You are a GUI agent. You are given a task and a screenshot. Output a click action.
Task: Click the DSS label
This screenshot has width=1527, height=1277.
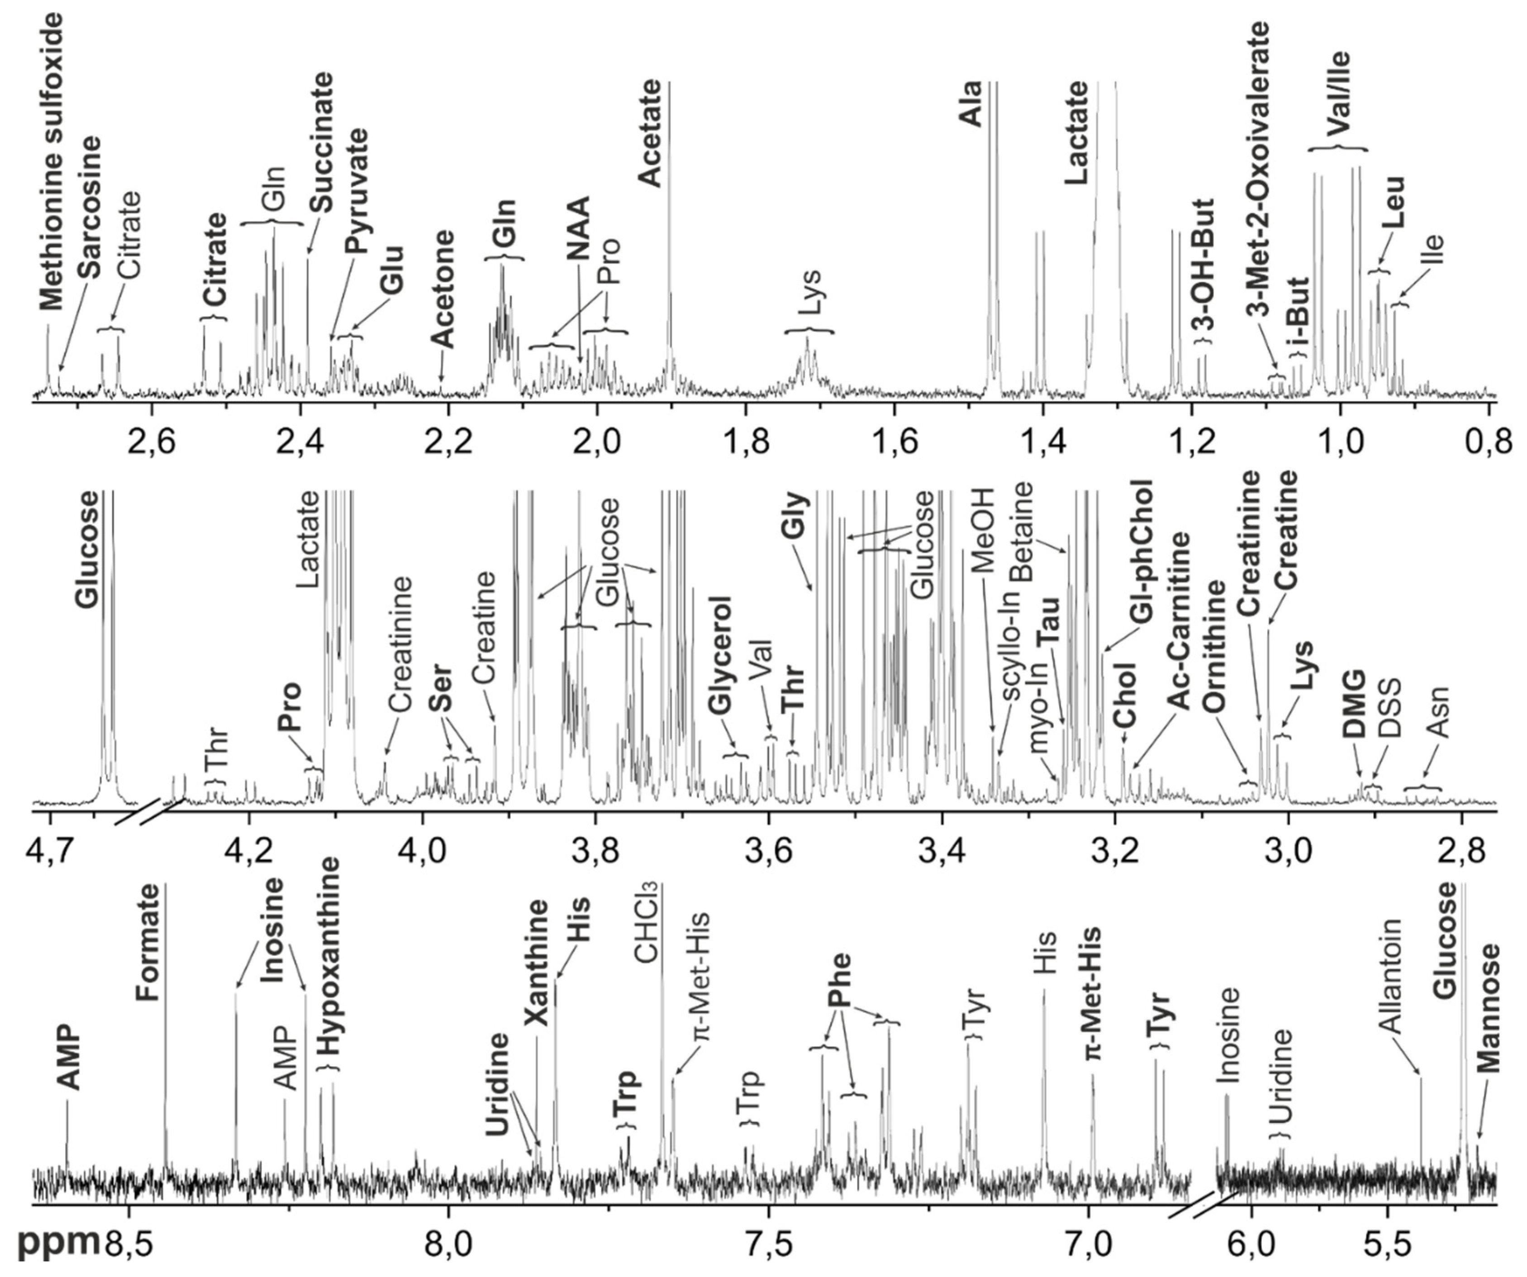pos(1389,709)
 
